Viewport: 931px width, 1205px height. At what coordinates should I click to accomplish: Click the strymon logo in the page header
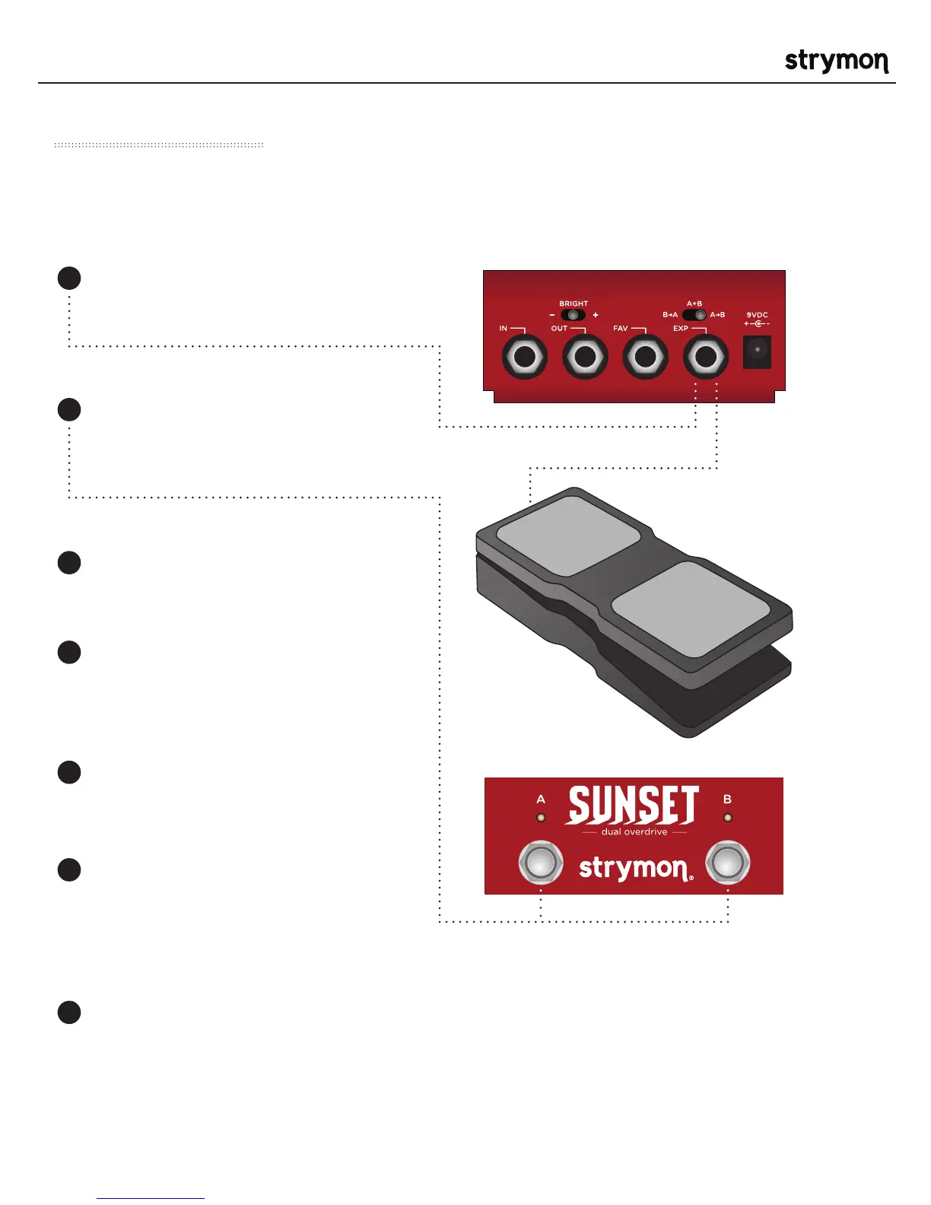point(836,61)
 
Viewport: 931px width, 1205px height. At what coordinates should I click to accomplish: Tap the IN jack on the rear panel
point(524,357)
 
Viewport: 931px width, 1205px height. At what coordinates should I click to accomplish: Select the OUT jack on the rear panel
point(585,357)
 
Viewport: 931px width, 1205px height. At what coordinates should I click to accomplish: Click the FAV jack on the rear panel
point(645,357)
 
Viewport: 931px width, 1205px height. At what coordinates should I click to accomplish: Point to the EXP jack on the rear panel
point(706,357)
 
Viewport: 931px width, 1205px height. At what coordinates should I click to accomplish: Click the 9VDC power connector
point(757,351)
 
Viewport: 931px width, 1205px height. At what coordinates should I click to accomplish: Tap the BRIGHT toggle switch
point(573,315)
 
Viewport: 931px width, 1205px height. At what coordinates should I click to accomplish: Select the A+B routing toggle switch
point(694,315)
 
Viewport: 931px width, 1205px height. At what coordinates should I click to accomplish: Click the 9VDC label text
point(757,314)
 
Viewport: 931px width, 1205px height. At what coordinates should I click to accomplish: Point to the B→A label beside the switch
point(670,315)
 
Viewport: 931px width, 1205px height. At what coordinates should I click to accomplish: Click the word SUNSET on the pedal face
point(632,806)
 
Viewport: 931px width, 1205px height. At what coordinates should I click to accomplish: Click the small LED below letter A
point(541,818)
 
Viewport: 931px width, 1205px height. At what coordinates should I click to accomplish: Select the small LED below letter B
point(727,818)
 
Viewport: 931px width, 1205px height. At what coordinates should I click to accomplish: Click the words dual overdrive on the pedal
point(634,832)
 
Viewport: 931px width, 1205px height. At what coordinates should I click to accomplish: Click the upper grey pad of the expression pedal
point(568,535)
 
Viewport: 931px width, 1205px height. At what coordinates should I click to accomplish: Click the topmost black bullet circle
point(69,278)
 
